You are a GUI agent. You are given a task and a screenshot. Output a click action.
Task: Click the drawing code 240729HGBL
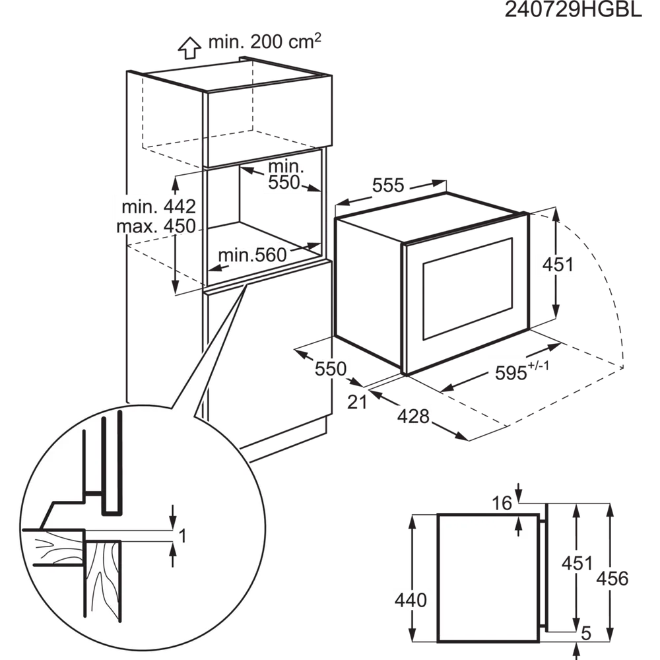pyautogui.click(x=574, y=10)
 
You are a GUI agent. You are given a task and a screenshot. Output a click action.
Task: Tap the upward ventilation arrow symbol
pyautogui.click(x=189, y=48)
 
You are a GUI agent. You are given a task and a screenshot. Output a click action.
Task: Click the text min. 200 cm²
pyautogui.click(x=265, y=41)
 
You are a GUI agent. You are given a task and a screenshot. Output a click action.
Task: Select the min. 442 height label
pyautogui.click(x=158, y=207)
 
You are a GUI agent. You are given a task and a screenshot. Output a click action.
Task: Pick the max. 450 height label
pyautogui.click(x=156, y=226)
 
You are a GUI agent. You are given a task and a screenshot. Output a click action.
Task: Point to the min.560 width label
pyautogui.click(x=252, y=255)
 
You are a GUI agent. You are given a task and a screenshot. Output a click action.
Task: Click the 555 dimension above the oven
pyautogui.click(x=388, y=185)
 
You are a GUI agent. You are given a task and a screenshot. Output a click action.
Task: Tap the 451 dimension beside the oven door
pyautogui.click(x=558, y=265)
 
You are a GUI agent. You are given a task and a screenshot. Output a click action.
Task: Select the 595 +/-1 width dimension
pyautogui.click(x=522, y=371)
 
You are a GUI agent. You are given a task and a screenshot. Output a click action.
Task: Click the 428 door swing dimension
pyautogui.click(x=413, y=416)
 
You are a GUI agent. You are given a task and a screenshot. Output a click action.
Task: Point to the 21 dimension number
pyautogui.click(x=357, y=402)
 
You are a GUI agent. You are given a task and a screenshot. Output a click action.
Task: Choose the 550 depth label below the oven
pyautogui.click(x=331, y=369)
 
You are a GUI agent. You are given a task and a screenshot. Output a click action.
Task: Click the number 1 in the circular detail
pyautogui.click(x=182, y=536)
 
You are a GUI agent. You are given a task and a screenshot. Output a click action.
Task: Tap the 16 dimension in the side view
pyautogui.click(x=502, y=503)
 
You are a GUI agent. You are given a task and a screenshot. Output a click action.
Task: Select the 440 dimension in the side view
pyautogui.click(x=411, y=599)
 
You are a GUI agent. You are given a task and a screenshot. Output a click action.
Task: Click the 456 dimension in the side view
pyautogui.click(x=612, y=579)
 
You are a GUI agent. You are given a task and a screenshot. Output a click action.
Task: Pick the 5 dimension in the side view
pyautogui.click(x=586, y=633)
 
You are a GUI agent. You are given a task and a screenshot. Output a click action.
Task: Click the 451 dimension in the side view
pyautogui.click(x=577, y=563)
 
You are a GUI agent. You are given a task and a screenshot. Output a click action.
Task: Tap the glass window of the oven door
pyautogui.click(x=468, y=289)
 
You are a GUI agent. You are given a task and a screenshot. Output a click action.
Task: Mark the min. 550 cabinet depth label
pyautogui.click(x=285, y=174)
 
